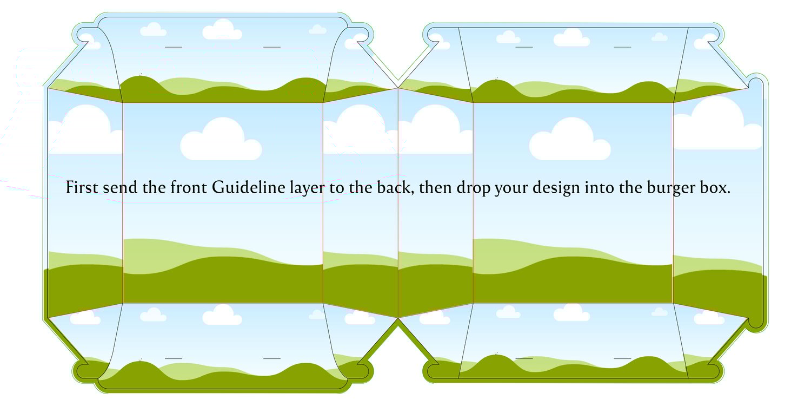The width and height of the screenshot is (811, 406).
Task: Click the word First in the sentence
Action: (82, 187)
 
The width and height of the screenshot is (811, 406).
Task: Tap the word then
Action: (435, 187)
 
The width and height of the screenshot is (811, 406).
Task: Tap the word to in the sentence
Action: (336, 188)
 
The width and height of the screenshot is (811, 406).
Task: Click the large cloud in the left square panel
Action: (221, 139)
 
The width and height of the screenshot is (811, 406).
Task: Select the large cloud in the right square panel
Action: (570, 139)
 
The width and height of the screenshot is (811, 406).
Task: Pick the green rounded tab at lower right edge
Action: (757, 322)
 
